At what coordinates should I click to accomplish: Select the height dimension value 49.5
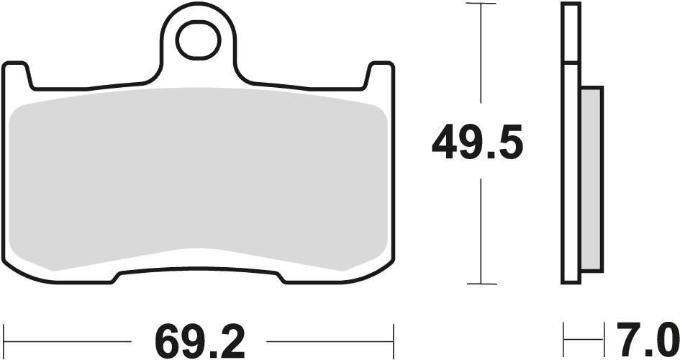(x=477, y=143)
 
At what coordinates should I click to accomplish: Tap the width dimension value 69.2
(x=199, y=338)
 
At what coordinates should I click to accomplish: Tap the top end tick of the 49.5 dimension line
(x=481, y=4)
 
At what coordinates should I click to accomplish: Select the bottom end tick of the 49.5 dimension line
(x=481, y=284)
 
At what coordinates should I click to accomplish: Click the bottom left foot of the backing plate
(x=65, y=276)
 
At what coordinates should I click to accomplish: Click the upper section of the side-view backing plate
(x=571, y=32)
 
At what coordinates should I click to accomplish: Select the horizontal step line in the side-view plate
(x=571, y=63)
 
